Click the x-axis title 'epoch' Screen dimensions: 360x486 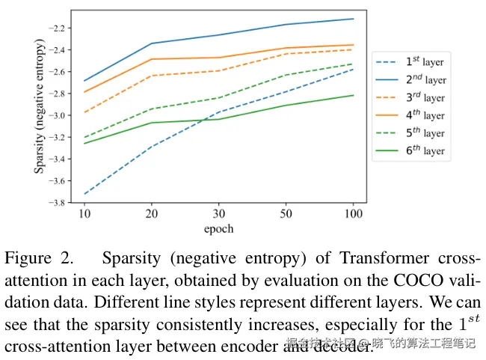pyautogui.click(x=219, y=228)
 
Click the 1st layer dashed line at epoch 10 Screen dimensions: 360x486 pyautogui.click(x=84, y=194)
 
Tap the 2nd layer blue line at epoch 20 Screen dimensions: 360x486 pyautogui.click(x=152, y=43)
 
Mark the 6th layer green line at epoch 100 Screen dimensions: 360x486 pyautogui.click(x=354, y=95)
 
